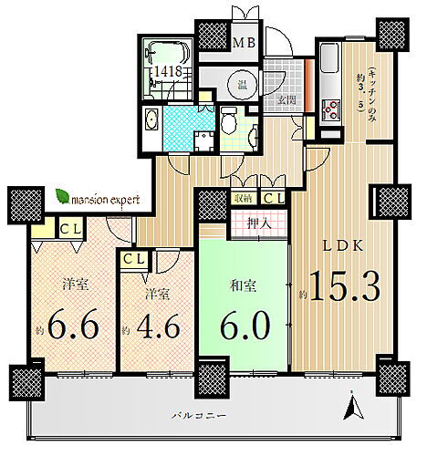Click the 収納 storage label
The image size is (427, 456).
244,198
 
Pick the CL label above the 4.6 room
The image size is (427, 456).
133,260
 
